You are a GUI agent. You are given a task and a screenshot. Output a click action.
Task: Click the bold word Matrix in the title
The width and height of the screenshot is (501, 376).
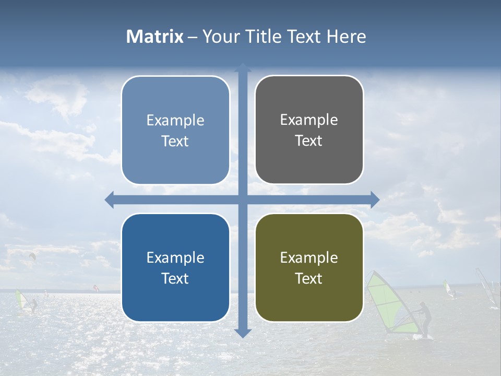tap(155, 37)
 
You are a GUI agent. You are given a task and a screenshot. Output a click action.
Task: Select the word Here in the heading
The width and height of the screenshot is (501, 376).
tap(346, 37)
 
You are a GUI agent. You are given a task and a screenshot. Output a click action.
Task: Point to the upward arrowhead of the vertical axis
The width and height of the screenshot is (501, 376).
tap(243, 67)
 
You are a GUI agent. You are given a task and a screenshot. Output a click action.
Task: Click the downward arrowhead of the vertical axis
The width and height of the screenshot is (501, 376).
tap(243, 333)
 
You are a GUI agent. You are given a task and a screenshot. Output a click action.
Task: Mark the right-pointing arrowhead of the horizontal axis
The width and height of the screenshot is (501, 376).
tap(375, 199)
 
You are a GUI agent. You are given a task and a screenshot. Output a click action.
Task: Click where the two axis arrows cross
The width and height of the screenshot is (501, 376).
tap(243, 199)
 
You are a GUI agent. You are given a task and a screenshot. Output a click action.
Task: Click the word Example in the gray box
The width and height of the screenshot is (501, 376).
tap(309, 120)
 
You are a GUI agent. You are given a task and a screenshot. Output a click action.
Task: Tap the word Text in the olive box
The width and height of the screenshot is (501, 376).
tap(309, 279)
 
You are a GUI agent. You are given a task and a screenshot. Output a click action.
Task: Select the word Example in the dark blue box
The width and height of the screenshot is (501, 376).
tap(175, 258)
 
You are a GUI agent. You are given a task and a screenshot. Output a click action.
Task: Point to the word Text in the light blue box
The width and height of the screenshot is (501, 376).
tap(175, 141)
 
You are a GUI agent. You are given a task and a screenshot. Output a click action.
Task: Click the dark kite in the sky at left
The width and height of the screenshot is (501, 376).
tap(32, 256)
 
